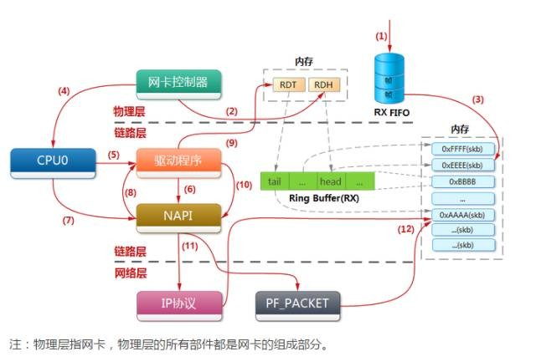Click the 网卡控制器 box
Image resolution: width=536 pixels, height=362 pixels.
coord(178,82)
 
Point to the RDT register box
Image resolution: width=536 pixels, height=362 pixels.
coord(287,84)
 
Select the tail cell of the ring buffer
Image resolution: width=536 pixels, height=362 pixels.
coord(276,181)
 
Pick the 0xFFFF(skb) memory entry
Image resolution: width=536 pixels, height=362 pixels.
coord(463,148)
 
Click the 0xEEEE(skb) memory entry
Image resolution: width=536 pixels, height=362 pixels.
coord(463,165)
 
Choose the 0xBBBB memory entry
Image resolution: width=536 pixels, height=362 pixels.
coord(463,181)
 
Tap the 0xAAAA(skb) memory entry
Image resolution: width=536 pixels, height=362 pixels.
coord(463,214)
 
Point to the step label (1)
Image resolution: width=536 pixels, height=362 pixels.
coord(381,36)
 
